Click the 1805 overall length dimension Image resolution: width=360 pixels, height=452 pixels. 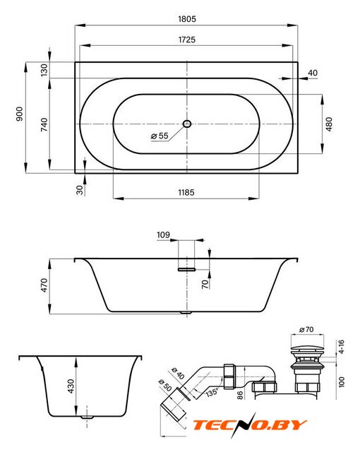click(187, 19)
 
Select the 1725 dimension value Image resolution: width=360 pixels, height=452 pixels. click(187, 40)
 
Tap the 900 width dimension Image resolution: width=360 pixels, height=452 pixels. click(19, 114)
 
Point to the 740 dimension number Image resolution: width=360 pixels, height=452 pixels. click(44, 124)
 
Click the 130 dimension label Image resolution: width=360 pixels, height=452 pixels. click(44, 70)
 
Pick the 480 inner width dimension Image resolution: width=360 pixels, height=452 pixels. click(329, 124)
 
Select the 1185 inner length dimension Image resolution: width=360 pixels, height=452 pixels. click(186, 192)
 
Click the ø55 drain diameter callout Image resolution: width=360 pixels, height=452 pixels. click(160, 136)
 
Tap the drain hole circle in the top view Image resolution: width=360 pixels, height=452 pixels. click(187, 124)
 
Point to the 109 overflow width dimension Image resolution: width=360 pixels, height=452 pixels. click(163, 235)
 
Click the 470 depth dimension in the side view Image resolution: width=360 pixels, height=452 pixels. click(44, 285)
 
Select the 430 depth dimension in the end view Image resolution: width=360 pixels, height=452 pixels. click(71, 386)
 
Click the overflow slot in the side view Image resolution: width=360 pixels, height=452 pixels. click(186, 270)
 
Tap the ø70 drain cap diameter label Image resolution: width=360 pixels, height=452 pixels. click(306, 329)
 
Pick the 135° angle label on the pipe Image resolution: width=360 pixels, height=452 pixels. click(212, 392)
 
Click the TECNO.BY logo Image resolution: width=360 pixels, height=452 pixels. click(249, 425)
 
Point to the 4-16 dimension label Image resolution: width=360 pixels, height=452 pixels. click(341, 347)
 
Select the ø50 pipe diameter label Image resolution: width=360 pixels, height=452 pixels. click(165, 385)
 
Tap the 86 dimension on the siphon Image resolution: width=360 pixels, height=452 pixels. click(240, 395)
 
